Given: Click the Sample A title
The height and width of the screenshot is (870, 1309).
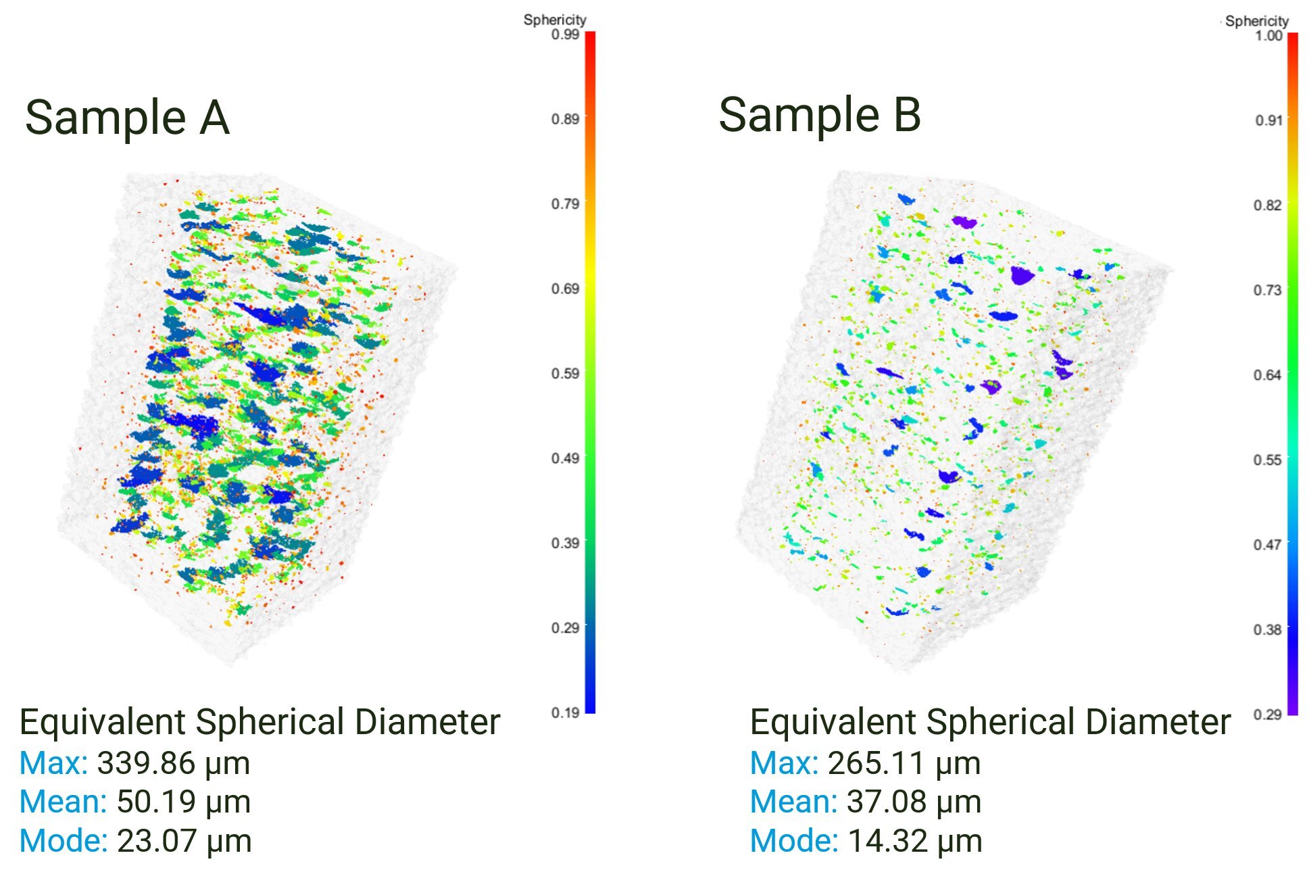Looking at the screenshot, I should (127, 118).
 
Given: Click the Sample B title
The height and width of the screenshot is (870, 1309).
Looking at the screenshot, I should (819, 115).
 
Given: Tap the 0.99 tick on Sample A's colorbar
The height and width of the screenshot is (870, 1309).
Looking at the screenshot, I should (565, 34).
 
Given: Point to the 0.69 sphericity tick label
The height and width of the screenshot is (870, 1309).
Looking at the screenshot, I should (565, 289).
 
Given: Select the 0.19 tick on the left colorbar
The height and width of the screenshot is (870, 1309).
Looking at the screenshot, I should (565, 712).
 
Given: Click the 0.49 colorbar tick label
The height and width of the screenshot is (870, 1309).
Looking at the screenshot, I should (565, 458).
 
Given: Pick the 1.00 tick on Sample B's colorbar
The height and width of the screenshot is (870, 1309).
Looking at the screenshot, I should (1268, 35).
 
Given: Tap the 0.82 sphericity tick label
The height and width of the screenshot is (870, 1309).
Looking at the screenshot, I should (1268, 205).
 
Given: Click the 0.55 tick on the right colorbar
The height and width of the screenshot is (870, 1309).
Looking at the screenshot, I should (1268, 460).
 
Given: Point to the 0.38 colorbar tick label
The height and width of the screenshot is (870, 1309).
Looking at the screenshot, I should (1268, 629).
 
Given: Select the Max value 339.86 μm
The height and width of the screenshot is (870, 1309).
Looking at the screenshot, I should (173, 763).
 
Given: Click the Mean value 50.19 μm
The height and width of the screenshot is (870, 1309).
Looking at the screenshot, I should (183, 802).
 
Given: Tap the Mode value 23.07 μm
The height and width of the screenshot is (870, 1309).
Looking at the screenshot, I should (184, 841).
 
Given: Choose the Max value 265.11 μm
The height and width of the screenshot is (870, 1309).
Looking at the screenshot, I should (904, 763).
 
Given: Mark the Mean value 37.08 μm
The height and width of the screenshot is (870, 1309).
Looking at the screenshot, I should (914, 802).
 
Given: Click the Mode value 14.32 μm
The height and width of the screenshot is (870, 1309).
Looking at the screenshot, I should (914, 841).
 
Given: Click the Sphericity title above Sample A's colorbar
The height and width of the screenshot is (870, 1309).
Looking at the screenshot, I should (554, 20).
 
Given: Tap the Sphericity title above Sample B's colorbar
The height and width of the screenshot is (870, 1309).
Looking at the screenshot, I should (1256, 21).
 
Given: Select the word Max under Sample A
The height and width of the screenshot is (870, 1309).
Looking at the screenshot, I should (53, 763).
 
